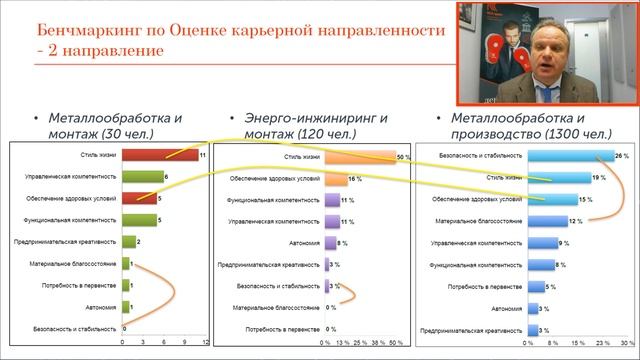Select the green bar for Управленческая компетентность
click(142, 177)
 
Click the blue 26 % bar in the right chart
click(570, 156)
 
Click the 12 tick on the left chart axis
click(205, 343)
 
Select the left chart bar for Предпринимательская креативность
click(129, 242)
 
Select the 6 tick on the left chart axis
click(163, 343)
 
